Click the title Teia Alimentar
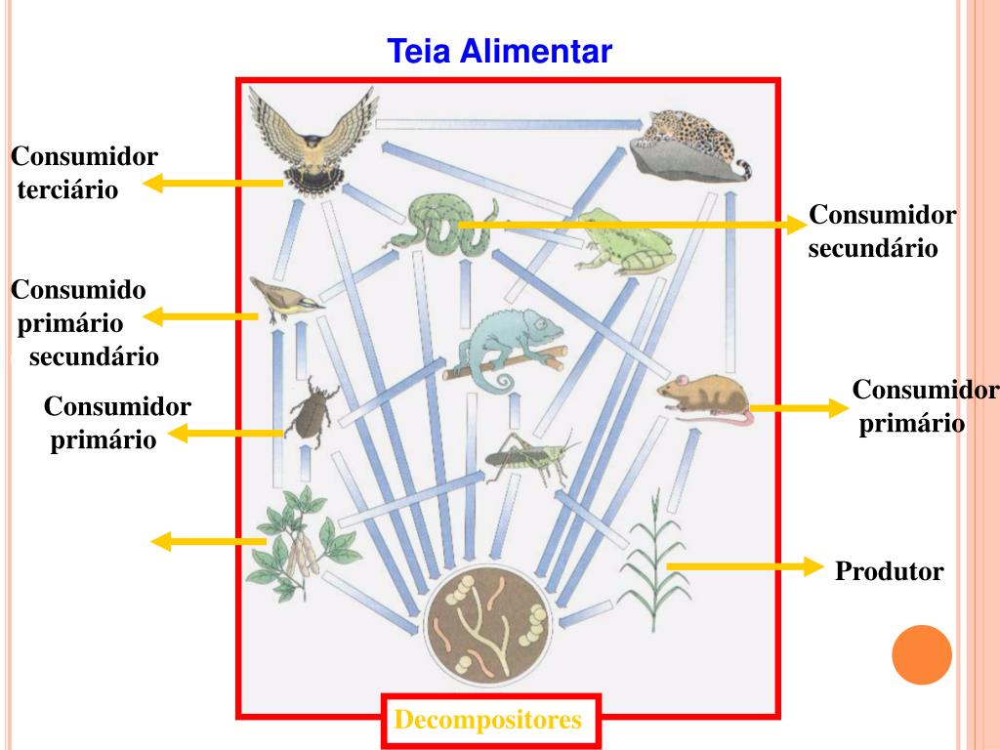[499, 50]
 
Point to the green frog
[623, 239]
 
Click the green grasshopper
[527, 457]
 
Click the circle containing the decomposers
[487, 626]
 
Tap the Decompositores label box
[489, 722]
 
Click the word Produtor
[890, 571]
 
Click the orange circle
[922, 654]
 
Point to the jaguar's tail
[741, 172]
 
